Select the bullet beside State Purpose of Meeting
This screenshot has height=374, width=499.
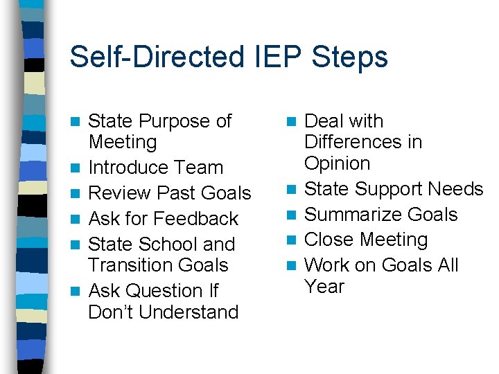[x=79, y=122]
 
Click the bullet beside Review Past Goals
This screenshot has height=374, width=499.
[x=79, y=194]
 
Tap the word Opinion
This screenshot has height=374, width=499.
[x=337, y=163]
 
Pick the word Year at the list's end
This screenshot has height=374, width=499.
[x=324, y=286]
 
